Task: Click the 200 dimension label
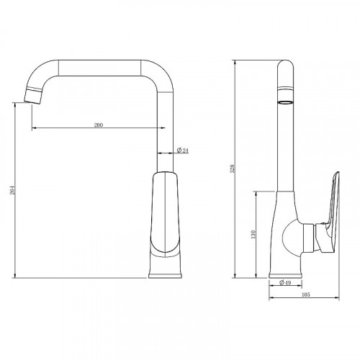tap(99, 125)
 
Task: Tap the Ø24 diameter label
tap(183, 150)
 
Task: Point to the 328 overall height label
tap(232, 168)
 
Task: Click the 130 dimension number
tap(253, 234)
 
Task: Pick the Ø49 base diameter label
tap(285, 283)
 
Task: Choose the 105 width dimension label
tap(305, 294)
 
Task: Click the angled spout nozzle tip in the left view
tap(33, 95)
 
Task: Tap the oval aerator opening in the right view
tap(285, 103)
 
